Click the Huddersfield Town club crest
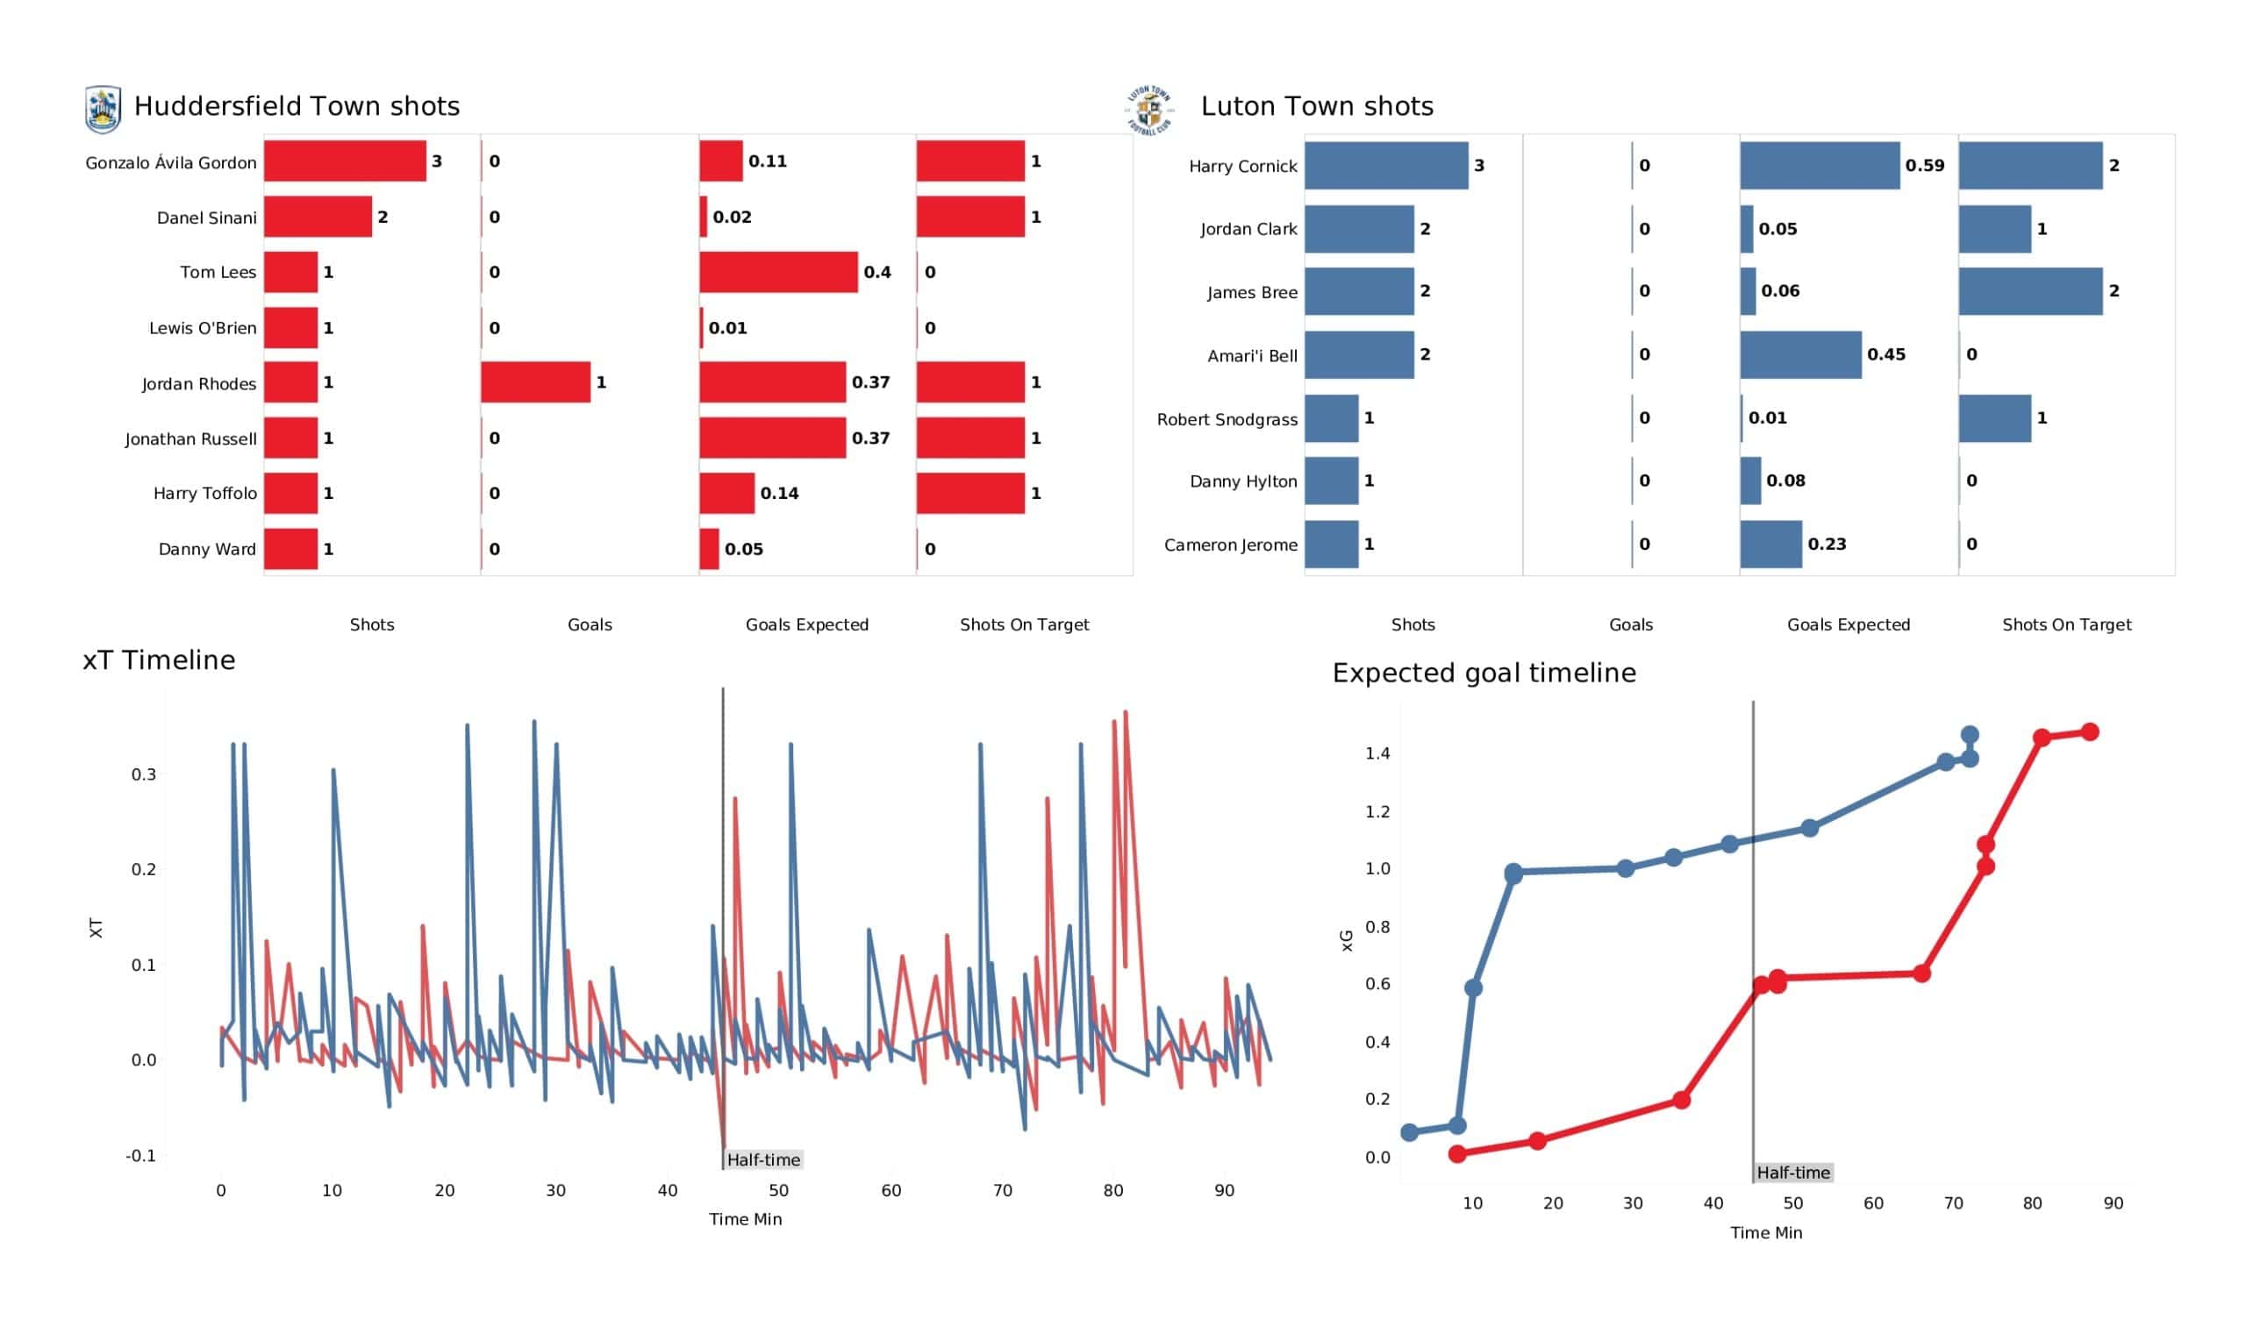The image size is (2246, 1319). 103,110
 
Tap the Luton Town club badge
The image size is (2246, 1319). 1148,111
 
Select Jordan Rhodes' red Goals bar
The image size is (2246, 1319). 536,382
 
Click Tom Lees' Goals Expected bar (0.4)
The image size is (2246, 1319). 778,272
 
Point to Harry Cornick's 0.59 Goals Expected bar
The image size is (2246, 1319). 1819,166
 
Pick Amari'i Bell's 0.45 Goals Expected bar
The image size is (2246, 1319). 1800,354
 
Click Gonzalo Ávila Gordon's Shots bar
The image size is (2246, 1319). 345,161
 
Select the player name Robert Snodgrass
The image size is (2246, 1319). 1227,419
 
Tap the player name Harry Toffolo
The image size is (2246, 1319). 205,494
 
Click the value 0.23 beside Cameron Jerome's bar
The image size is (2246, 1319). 1827,545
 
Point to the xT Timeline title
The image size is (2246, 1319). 160,660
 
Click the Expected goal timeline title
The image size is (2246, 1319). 1484,673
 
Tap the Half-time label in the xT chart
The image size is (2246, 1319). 763,1160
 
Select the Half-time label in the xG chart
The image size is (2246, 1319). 1793,1173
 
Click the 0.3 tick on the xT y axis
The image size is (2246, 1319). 144,774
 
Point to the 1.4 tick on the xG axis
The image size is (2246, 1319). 1377,754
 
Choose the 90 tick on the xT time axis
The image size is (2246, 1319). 1224,1191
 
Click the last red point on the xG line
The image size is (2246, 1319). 2089,731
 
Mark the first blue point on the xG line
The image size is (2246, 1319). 1409,1133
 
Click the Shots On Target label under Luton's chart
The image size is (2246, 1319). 2066,624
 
